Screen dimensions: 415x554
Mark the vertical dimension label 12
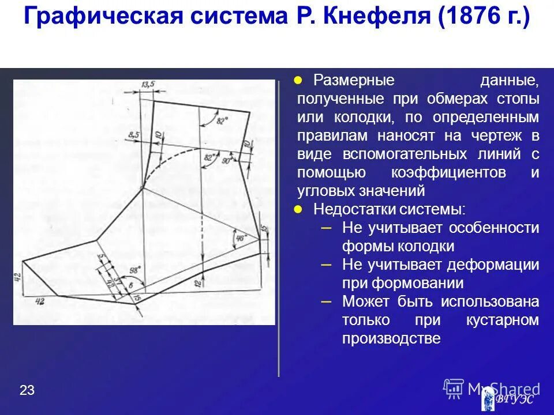197,283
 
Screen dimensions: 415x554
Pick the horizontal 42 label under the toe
40,301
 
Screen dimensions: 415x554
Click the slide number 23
27,390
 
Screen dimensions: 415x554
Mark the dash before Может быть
325,301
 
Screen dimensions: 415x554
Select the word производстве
391,338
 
